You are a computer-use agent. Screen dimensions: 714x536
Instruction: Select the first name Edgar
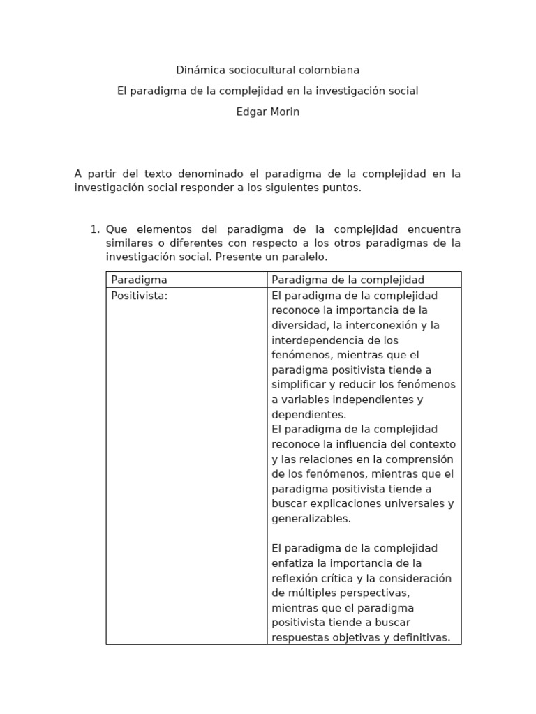[x=250, y=112]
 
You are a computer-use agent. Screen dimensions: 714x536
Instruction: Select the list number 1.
[x=95, y=229]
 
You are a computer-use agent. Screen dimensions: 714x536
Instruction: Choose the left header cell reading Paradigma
[x=139, y=280]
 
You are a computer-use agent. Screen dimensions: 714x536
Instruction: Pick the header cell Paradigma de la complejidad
[x=348, y=280]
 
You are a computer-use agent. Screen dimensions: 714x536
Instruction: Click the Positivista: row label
[x=140, y=296]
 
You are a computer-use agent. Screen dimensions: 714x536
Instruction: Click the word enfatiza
[x=292, y=563]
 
